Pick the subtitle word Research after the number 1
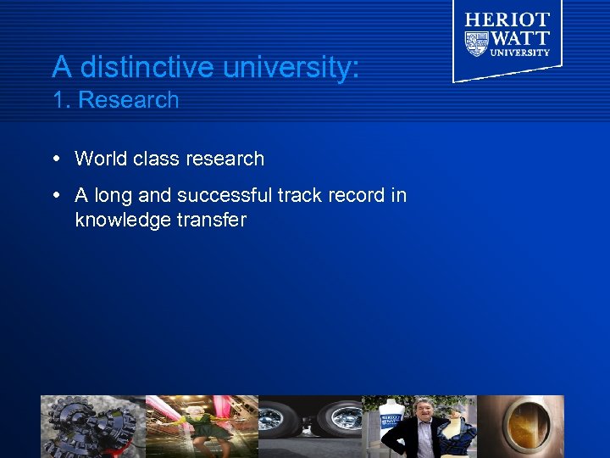pyautogui.click(x=128, y=100)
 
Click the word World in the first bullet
pyautogui.click(x=100, y=159)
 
